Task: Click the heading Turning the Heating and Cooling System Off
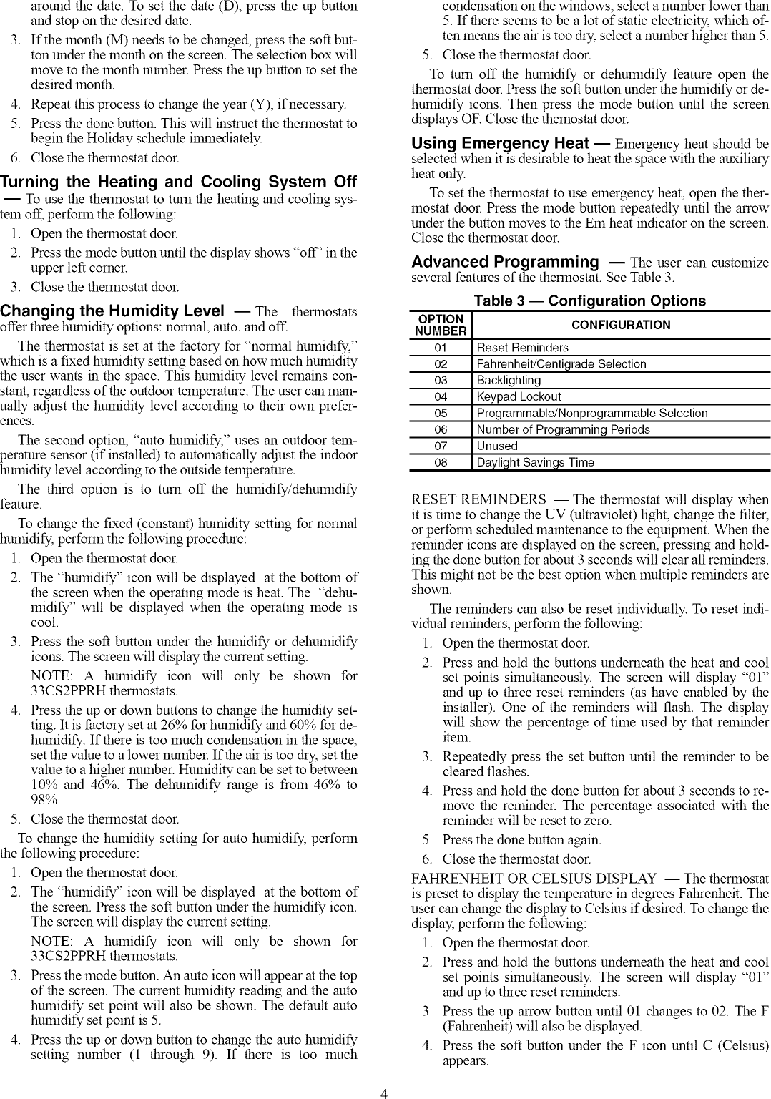coord(178,182)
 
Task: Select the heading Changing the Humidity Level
coord(112,311)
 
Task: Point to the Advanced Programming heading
coord(505,263)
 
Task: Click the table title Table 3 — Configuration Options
coord(589,301)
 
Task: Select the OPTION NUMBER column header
coord(441,325)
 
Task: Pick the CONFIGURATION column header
coord(621,325)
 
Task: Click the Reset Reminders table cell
coord(523,348)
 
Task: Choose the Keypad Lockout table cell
coord(519,396)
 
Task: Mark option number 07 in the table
coord(441,446)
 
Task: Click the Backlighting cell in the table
coord(509,380)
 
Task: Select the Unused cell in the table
coord(497,446)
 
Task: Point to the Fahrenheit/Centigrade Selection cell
coord(561,364)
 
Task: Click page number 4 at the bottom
coord(384,1093)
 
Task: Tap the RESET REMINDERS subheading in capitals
coord(478,499)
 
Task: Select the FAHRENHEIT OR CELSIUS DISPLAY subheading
coord(534,878)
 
